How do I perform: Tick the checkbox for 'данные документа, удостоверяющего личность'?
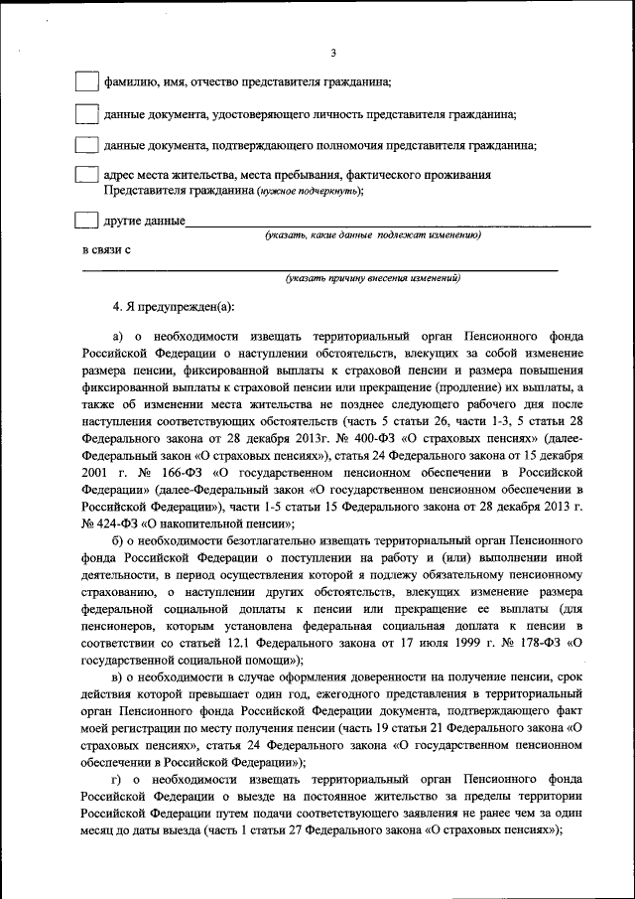(x=88, y=113)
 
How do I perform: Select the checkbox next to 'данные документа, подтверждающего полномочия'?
(x=88, y=144)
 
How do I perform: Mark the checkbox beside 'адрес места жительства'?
(x=88, y=175)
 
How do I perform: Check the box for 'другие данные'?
(x=88, y=219)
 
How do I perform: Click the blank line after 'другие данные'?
(x=387, y=225)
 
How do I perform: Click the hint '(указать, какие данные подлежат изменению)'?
(x=372, y=236)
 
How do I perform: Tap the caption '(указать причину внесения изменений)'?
(x=372, y=279)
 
